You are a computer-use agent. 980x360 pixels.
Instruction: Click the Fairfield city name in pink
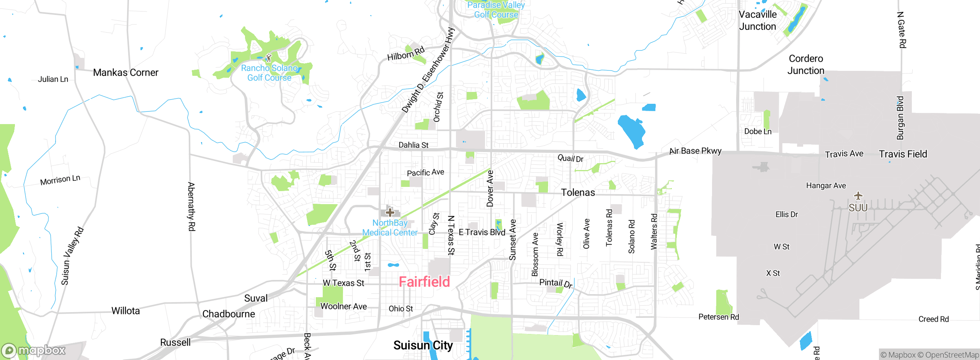(424, 282)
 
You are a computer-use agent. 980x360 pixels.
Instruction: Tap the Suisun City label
(423, 345)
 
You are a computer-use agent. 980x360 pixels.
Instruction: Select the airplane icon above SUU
(858, 196)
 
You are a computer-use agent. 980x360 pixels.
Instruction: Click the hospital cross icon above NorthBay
(390, 212)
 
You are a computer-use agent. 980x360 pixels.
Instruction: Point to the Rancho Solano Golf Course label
(269, 73)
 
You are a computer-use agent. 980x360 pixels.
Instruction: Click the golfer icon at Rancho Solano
(268, 58)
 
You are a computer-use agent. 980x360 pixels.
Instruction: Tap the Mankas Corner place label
(126, 72)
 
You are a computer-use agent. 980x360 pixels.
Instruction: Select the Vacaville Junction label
(757, 20)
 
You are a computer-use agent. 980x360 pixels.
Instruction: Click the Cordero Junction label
(805, 64)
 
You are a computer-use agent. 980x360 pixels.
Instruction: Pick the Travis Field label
(903, 154)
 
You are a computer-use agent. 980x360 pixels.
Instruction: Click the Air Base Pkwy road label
(695, 151)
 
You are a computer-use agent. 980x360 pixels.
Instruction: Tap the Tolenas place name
(578, 192)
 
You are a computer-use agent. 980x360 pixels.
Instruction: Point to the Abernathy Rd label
(191, 207)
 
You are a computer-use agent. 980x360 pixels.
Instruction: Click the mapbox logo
(34, 350)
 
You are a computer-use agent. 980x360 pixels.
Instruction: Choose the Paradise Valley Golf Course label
(496, 10)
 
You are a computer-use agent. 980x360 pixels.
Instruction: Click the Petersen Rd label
(719, 317)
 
